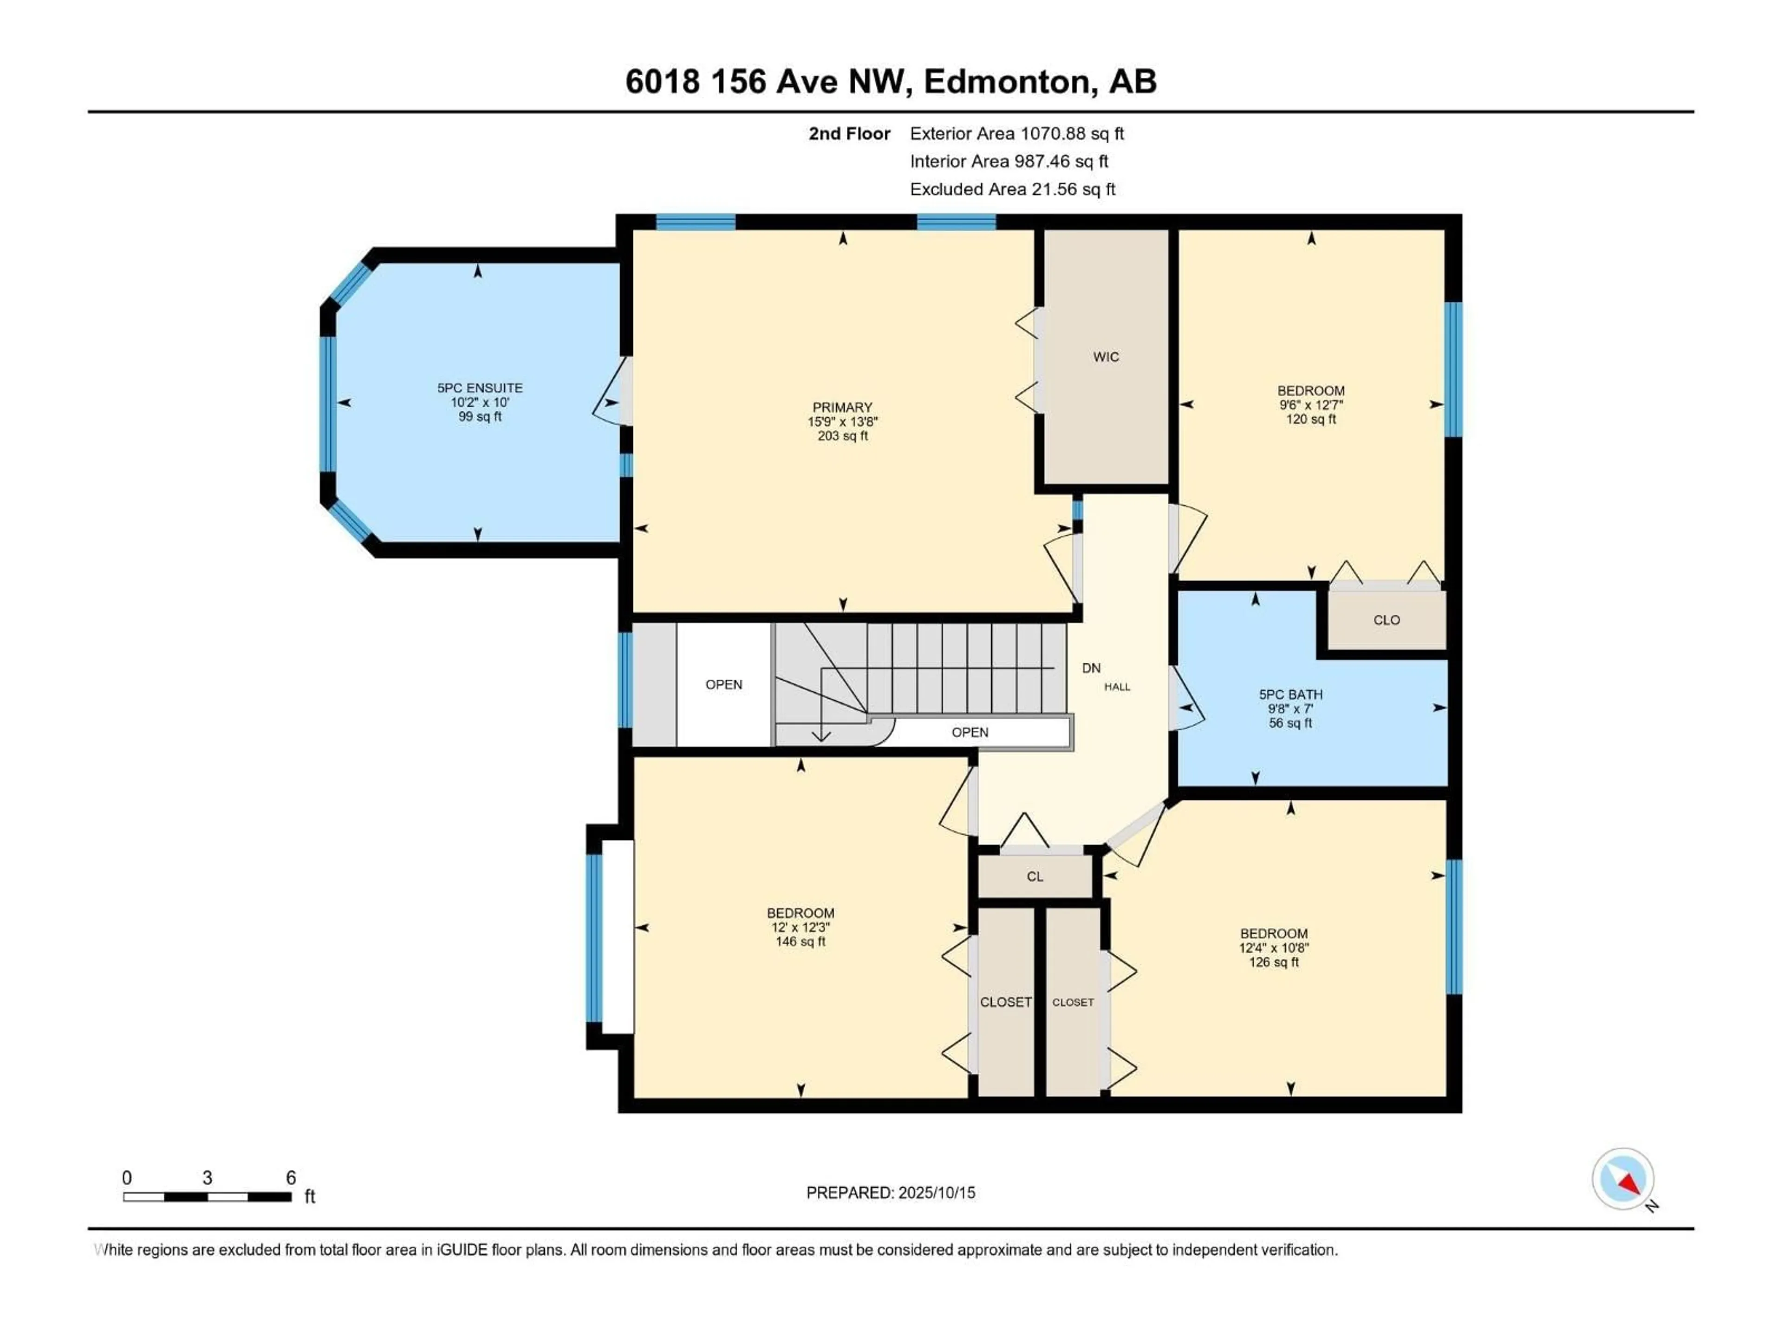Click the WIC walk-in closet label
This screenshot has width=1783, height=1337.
[1106, 357]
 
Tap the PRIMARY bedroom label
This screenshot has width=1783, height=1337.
[842, 408]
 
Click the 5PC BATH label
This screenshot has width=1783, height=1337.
[1290, 694]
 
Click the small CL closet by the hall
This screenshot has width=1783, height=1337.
[1035, 877]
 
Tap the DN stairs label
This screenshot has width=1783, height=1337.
[1091, 668]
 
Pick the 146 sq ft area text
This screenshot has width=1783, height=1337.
[800, 942]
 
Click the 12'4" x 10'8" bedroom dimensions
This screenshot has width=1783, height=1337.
[1274, 948]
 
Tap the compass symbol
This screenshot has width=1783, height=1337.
[1623, 1180]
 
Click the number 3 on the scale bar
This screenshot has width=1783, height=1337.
[207, 1178]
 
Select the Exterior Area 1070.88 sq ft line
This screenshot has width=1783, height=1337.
[1016, 134]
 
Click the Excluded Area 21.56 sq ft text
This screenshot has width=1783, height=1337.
[1012, 189]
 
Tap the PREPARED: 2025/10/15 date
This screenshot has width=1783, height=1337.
[891, 1193]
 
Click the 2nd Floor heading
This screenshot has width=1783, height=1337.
[850, 134]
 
